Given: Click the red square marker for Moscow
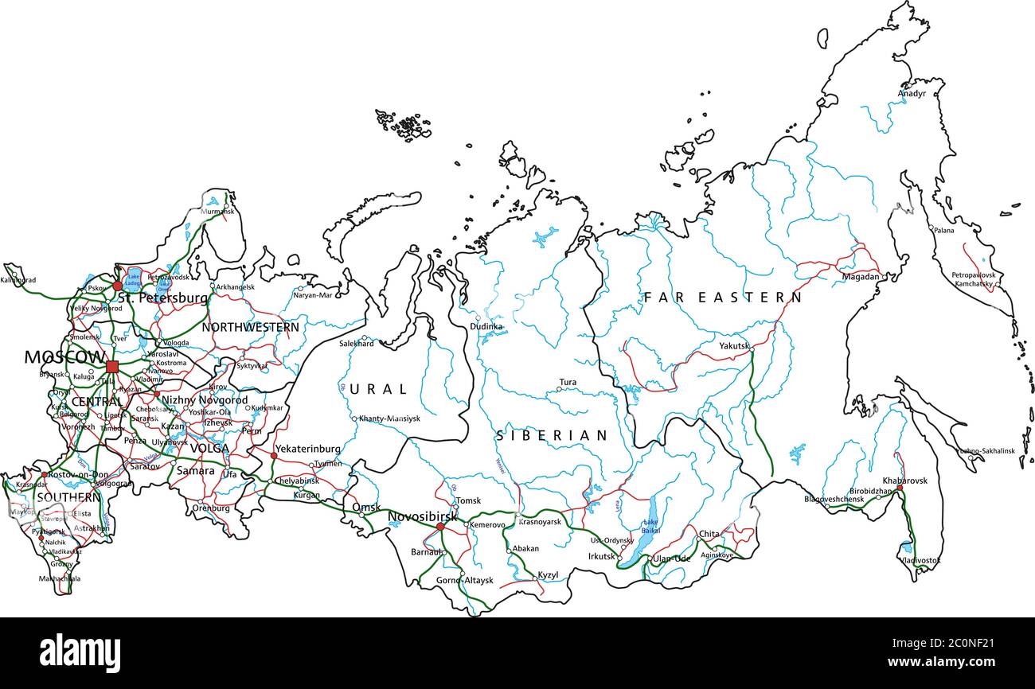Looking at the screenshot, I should coord(112,367).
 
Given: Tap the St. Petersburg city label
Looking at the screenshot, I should coord(162,298).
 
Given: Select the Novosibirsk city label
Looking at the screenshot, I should coord(422,517).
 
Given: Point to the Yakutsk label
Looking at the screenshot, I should coord(734,346).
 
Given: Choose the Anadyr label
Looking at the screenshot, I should coord(912,94).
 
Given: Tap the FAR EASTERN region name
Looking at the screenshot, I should coord(722,298).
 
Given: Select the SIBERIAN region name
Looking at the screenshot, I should coord(552,436).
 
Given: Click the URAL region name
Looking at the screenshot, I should coord(378,390).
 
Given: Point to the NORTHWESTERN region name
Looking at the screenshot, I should coord(250,327).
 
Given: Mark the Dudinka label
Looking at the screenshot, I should coord(486,326).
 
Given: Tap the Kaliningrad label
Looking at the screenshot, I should coord(19,280).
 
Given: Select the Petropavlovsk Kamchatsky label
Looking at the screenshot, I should coord(974,279).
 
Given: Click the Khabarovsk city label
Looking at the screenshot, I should coord(904,481).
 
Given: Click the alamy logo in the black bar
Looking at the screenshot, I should coord(80,653).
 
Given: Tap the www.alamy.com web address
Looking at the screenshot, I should coord(955,662).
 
